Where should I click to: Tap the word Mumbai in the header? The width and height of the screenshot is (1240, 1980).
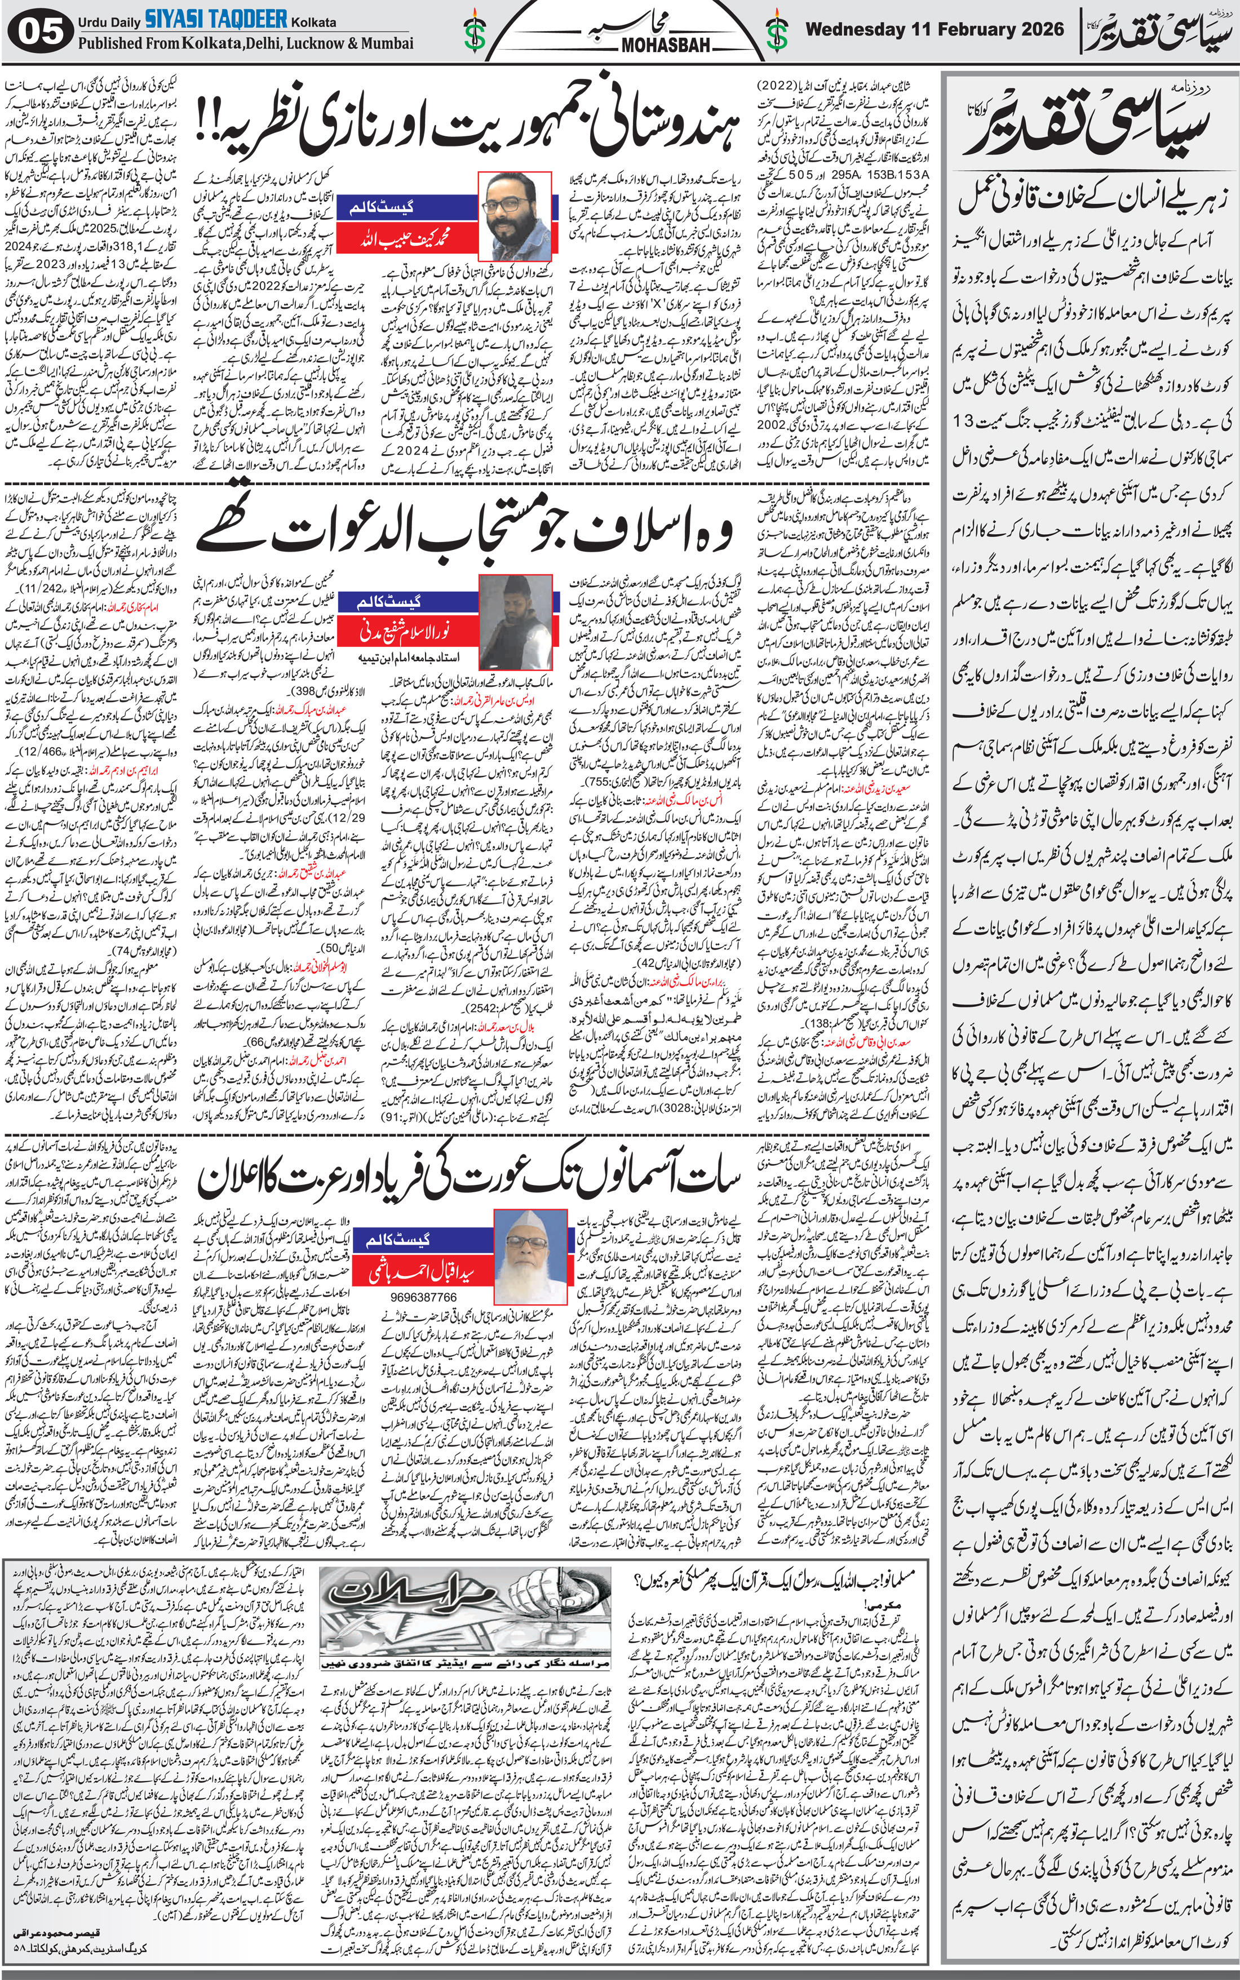tap(386, 43)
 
